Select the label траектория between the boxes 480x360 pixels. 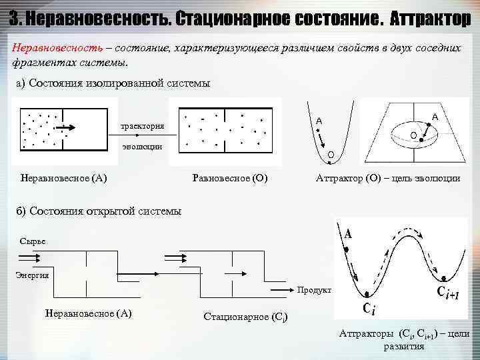coord(143,126)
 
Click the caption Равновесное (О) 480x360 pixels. coord(229,178)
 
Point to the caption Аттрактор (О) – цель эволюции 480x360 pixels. coord(387,178)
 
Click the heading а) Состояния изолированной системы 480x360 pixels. coord(113,83)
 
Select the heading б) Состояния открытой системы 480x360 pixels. coord(99,211)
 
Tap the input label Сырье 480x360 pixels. coord(33,241)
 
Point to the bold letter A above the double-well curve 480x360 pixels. coord(349,234)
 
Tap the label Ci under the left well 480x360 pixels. coord(369,308)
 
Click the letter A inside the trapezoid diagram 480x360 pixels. coord(435,117)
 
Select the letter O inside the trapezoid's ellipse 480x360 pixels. coord(413,135)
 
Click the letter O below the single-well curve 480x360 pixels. coord(331,155)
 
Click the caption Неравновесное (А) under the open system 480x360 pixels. coord(88,313)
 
